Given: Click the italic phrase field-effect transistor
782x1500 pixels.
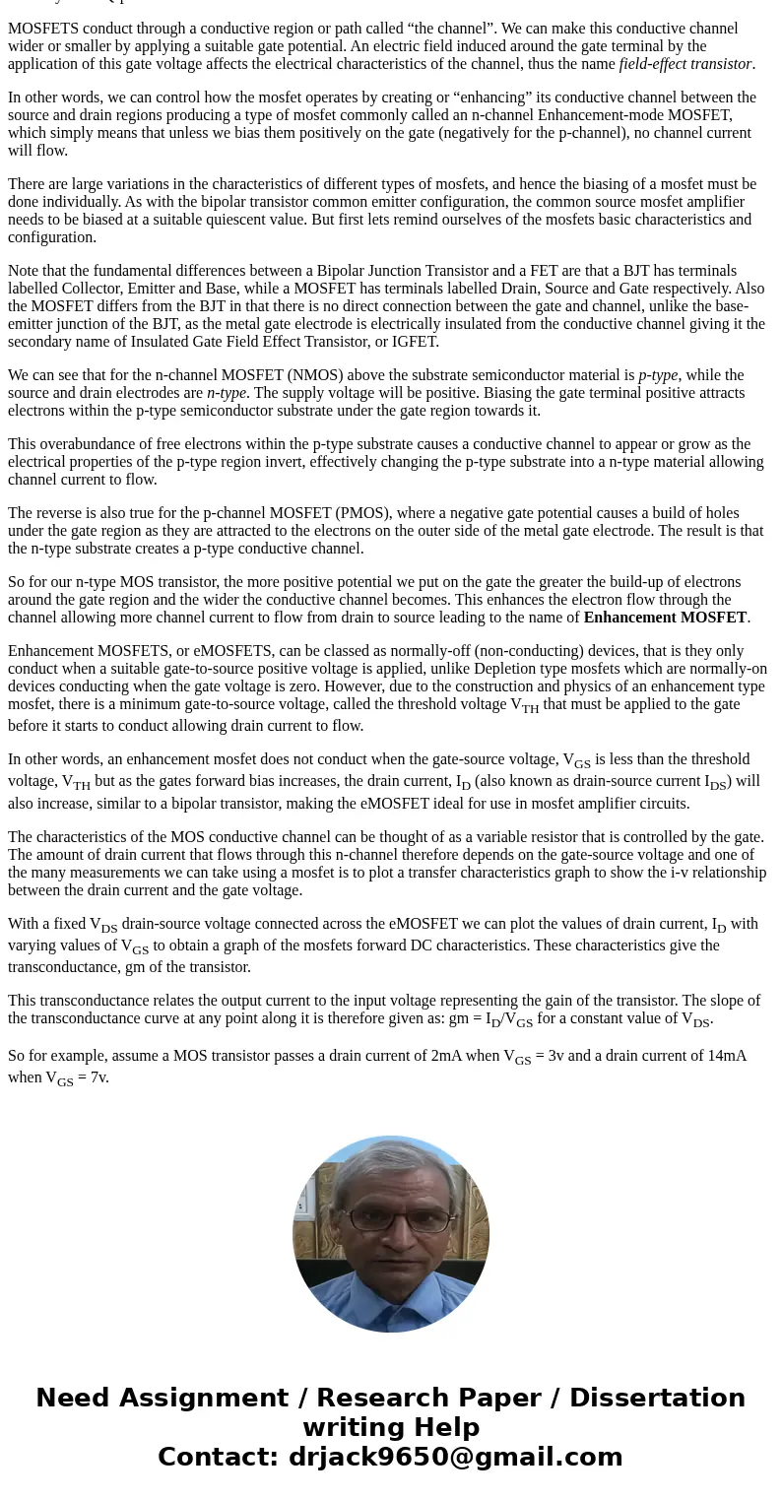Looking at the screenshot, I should [x=685, y=64].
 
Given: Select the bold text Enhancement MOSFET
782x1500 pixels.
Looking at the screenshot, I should [x=665, y=618].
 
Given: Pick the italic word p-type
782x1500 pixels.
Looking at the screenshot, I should [x=658, y=375].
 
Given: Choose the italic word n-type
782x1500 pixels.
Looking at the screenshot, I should [x=227, y=393].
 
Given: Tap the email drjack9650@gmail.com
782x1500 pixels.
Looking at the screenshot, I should [x=455, y=1457].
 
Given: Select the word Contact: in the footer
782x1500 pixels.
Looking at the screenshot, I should [x=219, y=1457].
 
